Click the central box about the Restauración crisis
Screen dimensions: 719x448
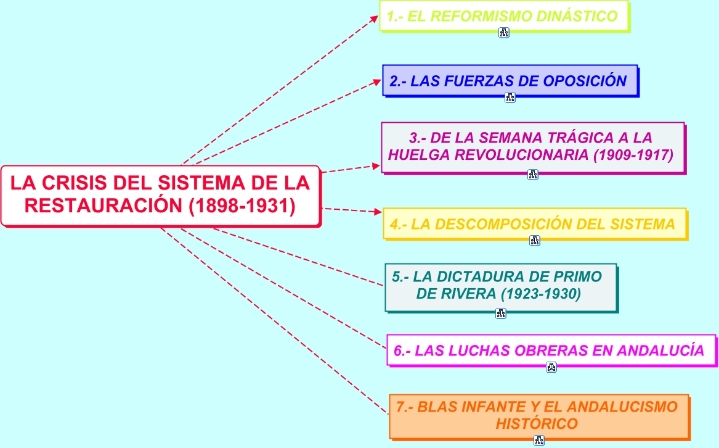pyautogui.click(x=160, y=195)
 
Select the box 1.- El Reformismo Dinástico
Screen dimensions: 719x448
pyautogui.click(x=503, y=16)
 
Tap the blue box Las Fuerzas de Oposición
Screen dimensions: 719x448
pyautogui.click(x=509, y=81)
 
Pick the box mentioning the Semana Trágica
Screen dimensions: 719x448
pyautogui.click(x=532, y=147)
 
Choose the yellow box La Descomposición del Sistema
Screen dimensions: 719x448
pyautogui.click(x=534, y=224)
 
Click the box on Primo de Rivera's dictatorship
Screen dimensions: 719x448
pyautogui.click(x=500, y=286)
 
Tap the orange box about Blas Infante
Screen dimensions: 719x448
pyautogui.click(x=537, y=415)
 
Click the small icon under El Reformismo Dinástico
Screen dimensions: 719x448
pyautogui.click(x=504, y=33)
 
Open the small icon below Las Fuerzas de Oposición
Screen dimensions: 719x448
pyautogui.click(x=510, y=97)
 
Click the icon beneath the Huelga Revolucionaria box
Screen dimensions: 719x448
pyautogui.click(x=533, y=175)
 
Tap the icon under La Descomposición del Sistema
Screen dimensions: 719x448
pyautogui.click(x=534, y=241)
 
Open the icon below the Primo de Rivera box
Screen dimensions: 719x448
pyautogui.click(x=500, y=313)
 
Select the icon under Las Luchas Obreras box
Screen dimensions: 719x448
pyautogui.click(x=551, y=367)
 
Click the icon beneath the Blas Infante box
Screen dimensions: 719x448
pyautogui.click(x=539, y=441)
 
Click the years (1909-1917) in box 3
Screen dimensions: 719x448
pyautogui.click(x=633, y=155)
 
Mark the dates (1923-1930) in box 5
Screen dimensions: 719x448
pyautogui.click(x=541, y=294)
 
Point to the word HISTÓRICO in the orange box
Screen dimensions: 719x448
pyautogui.click(x=537, y=424)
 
